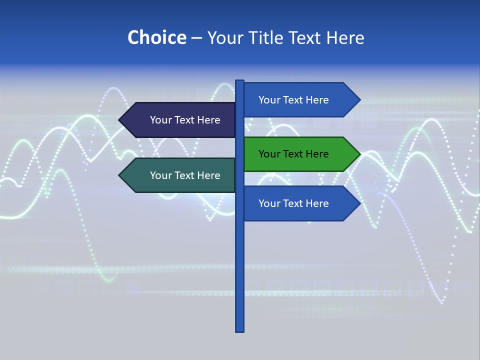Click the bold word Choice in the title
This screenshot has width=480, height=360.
click(156, 38)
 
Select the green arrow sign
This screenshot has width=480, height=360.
click(295, 154)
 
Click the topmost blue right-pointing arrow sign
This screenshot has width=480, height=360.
click(295, 100)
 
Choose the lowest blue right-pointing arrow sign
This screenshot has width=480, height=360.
click(295, 203)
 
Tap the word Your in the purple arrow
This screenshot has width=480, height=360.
click(160, 120)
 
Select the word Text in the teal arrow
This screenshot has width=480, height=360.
click(184, 175)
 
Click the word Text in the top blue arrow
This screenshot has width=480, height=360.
click(293, 100)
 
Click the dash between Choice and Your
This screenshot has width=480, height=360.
click(196, 38)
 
